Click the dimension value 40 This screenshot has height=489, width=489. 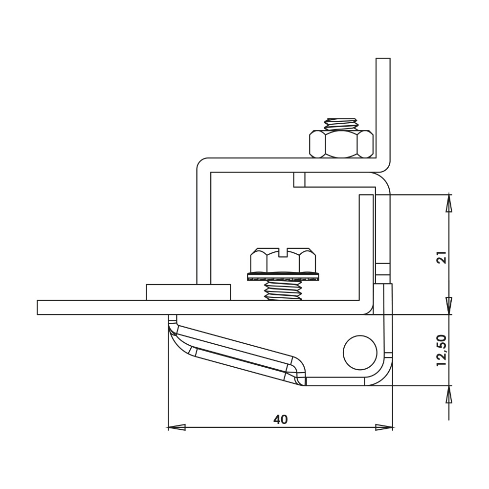point(280,420)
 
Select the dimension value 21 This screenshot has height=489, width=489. point(442,257)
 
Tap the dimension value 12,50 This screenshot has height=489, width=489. point(442,350)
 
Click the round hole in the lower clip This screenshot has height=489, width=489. point(360,353)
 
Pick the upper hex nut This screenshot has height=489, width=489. point(341,144)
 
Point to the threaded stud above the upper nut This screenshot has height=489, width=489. point(341,124)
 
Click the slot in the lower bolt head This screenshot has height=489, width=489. point(284,252)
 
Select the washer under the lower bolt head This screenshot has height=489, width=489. point(283,277)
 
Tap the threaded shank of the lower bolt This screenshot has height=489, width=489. point(283,290)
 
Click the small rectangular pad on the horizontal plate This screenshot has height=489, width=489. point(188,292)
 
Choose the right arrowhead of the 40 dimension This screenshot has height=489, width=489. point(384,427)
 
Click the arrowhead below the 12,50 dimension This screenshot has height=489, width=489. point(449,394)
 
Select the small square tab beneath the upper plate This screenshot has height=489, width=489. point(299,179)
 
